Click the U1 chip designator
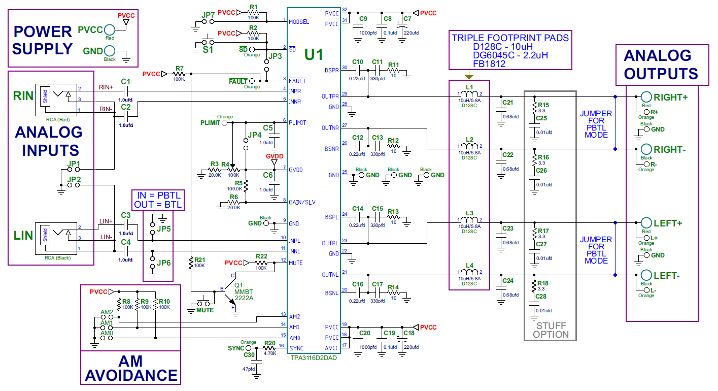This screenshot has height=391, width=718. coord(313,54)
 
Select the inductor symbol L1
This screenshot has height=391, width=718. coord(469,94)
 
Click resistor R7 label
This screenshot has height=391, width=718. coord(179,68)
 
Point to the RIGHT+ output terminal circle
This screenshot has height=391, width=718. coord(646,97)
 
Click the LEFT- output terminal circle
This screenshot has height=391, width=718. coord(646,275)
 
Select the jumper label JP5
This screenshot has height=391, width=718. coord(164,229)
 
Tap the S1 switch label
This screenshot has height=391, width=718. coord(208,50)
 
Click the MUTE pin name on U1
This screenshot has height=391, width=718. coord(296,263)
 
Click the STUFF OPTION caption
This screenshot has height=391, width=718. coord(551,330)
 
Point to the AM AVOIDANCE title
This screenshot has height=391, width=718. coord(131,369)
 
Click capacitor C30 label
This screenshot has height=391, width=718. coord(249,355)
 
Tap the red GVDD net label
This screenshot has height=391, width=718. coord(275,156)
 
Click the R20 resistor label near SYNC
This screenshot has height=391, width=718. coord(269,343)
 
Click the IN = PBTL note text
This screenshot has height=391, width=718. coord(158,196)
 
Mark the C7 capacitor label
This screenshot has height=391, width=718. coord(406,19)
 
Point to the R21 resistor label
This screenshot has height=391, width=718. coord(200,259)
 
